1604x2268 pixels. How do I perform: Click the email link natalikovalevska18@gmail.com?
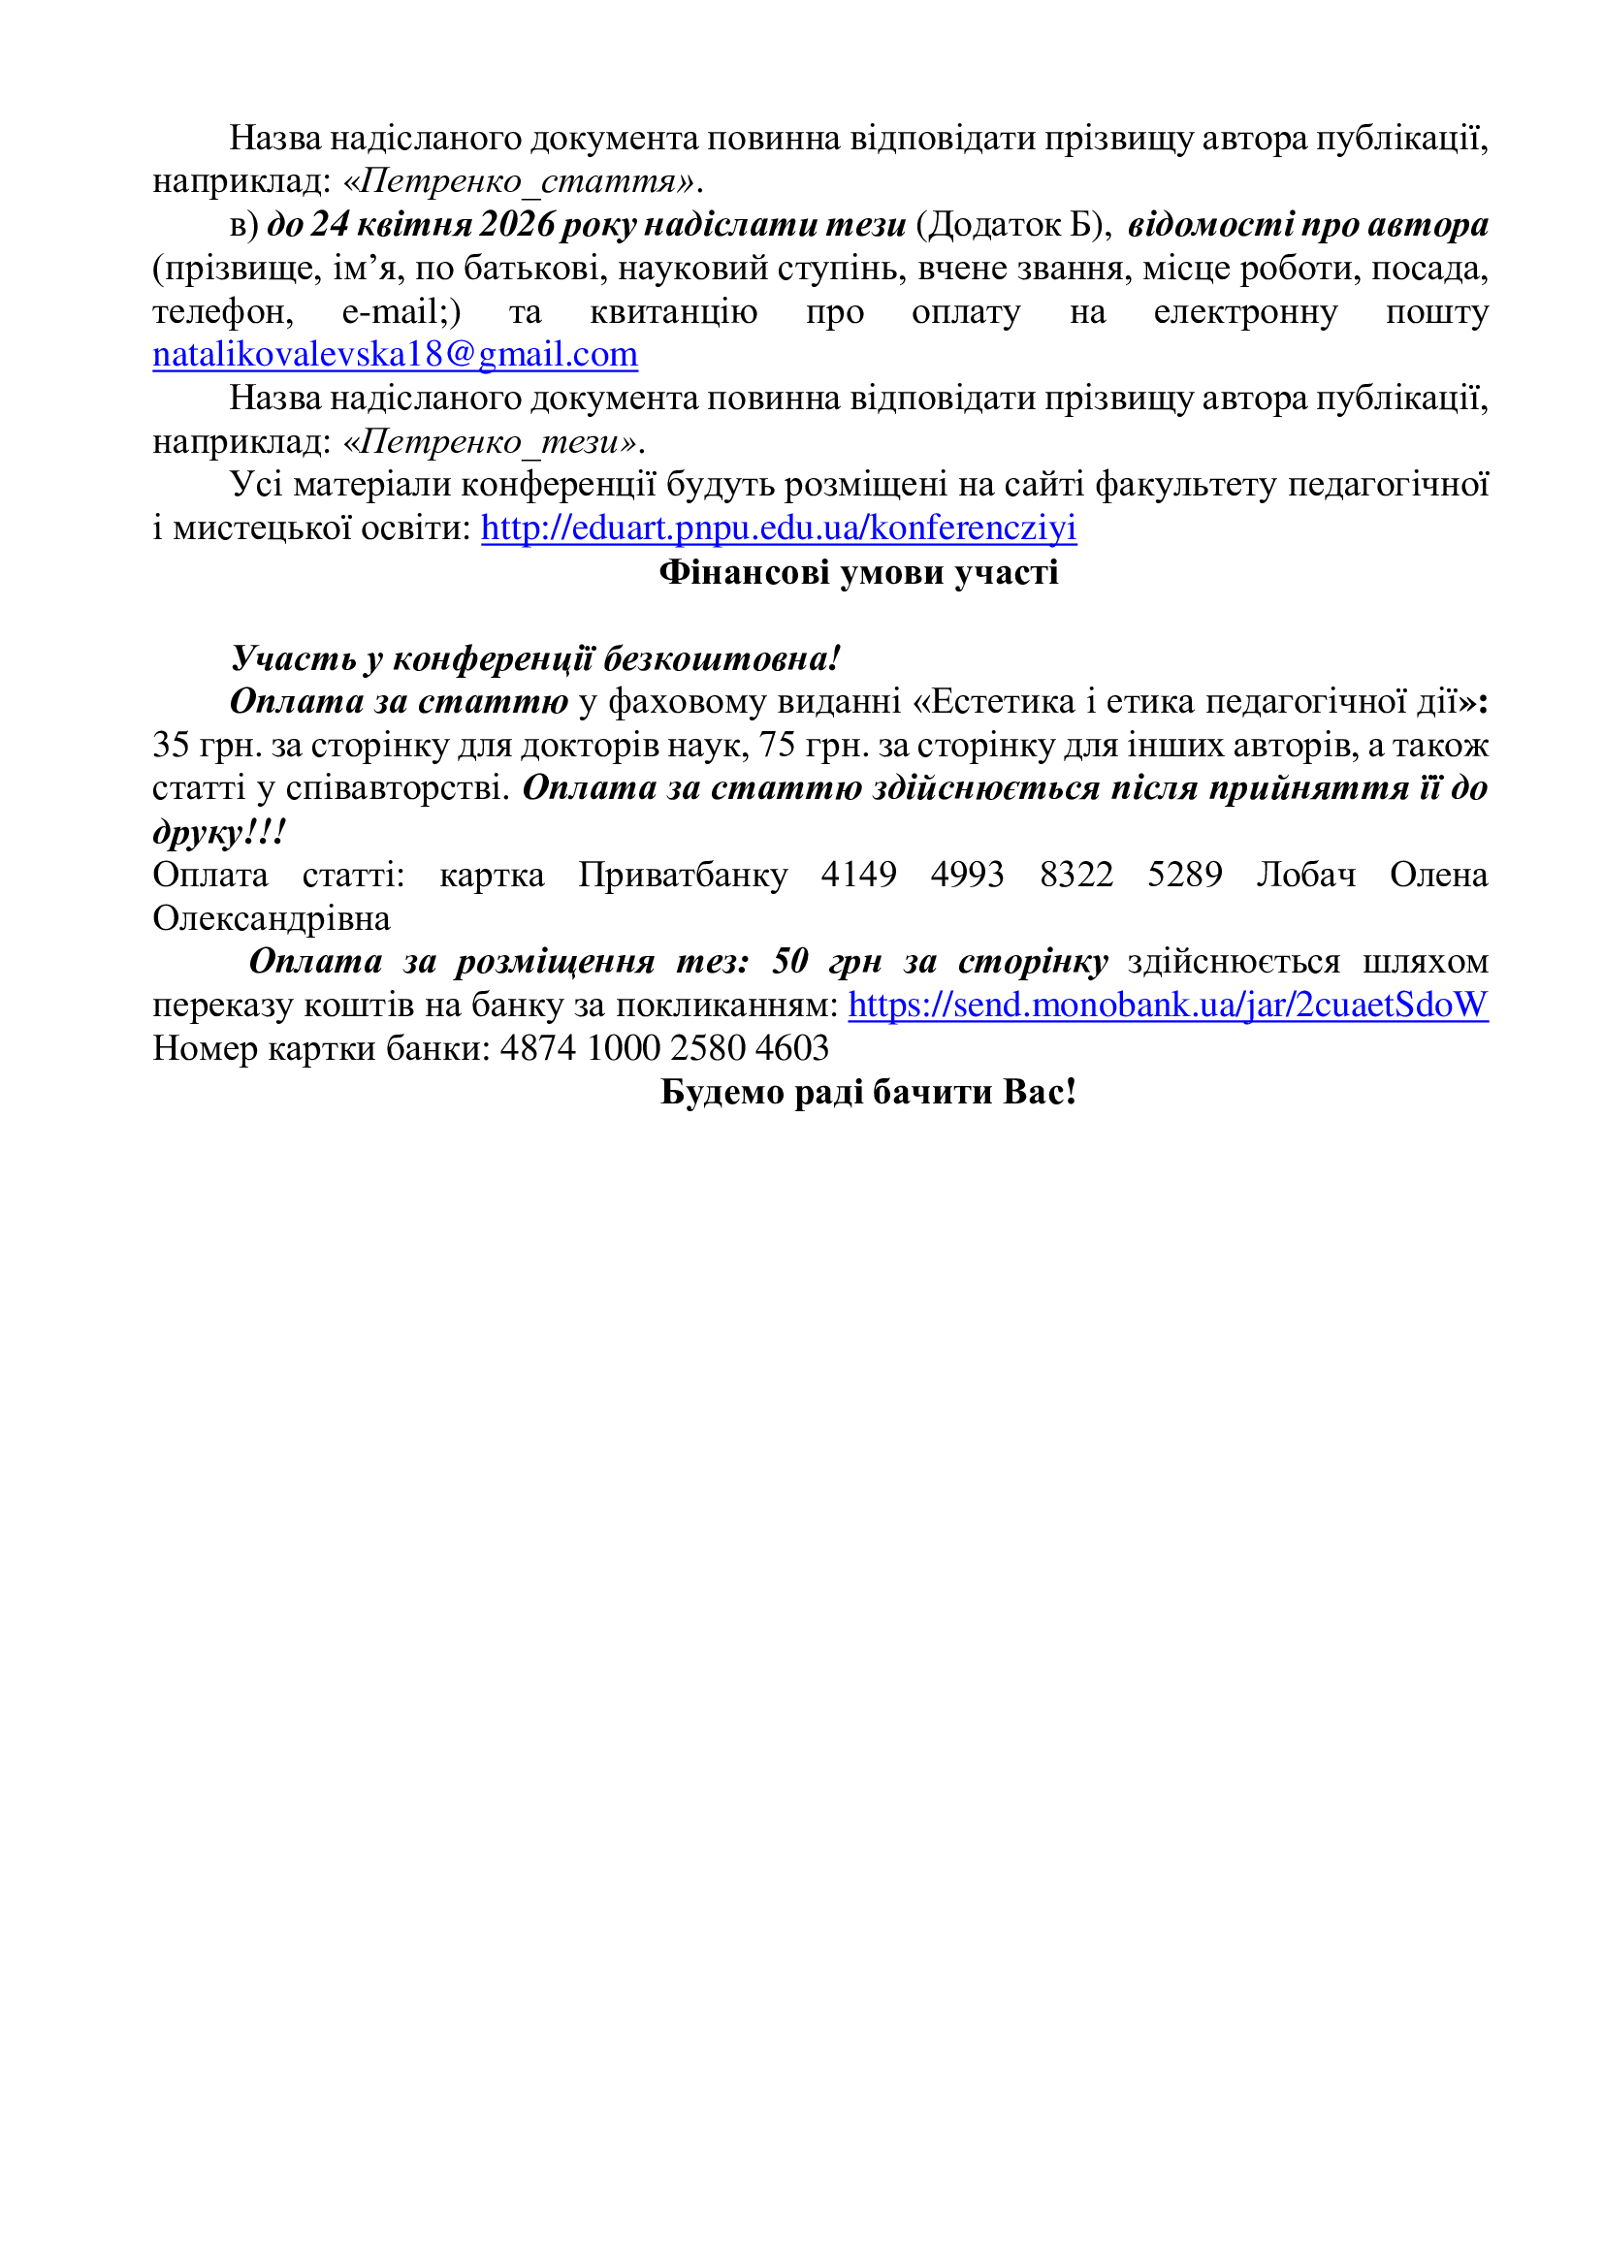pos(395,355)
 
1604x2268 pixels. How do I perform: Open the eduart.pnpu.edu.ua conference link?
pos(779,528)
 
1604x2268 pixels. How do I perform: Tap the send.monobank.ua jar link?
pos(1168,1005)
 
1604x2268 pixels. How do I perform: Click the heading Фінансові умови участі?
pos(858,572)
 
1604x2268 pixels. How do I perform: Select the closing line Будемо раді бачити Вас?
pos(867,1092)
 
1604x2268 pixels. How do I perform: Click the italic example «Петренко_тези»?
pos(491,441)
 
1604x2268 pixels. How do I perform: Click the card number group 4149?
pos(858,876)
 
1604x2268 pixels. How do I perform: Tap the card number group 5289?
pos(1184,876)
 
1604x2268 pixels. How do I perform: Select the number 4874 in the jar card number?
pos(537,1048)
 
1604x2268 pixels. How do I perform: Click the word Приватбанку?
pos(683,876)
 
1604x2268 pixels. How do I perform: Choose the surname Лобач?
pos(1305,876)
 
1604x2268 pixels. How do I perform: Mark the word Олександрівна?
pos(272,918)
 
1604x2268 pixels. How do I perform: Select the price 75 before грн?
pos(778,745)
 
